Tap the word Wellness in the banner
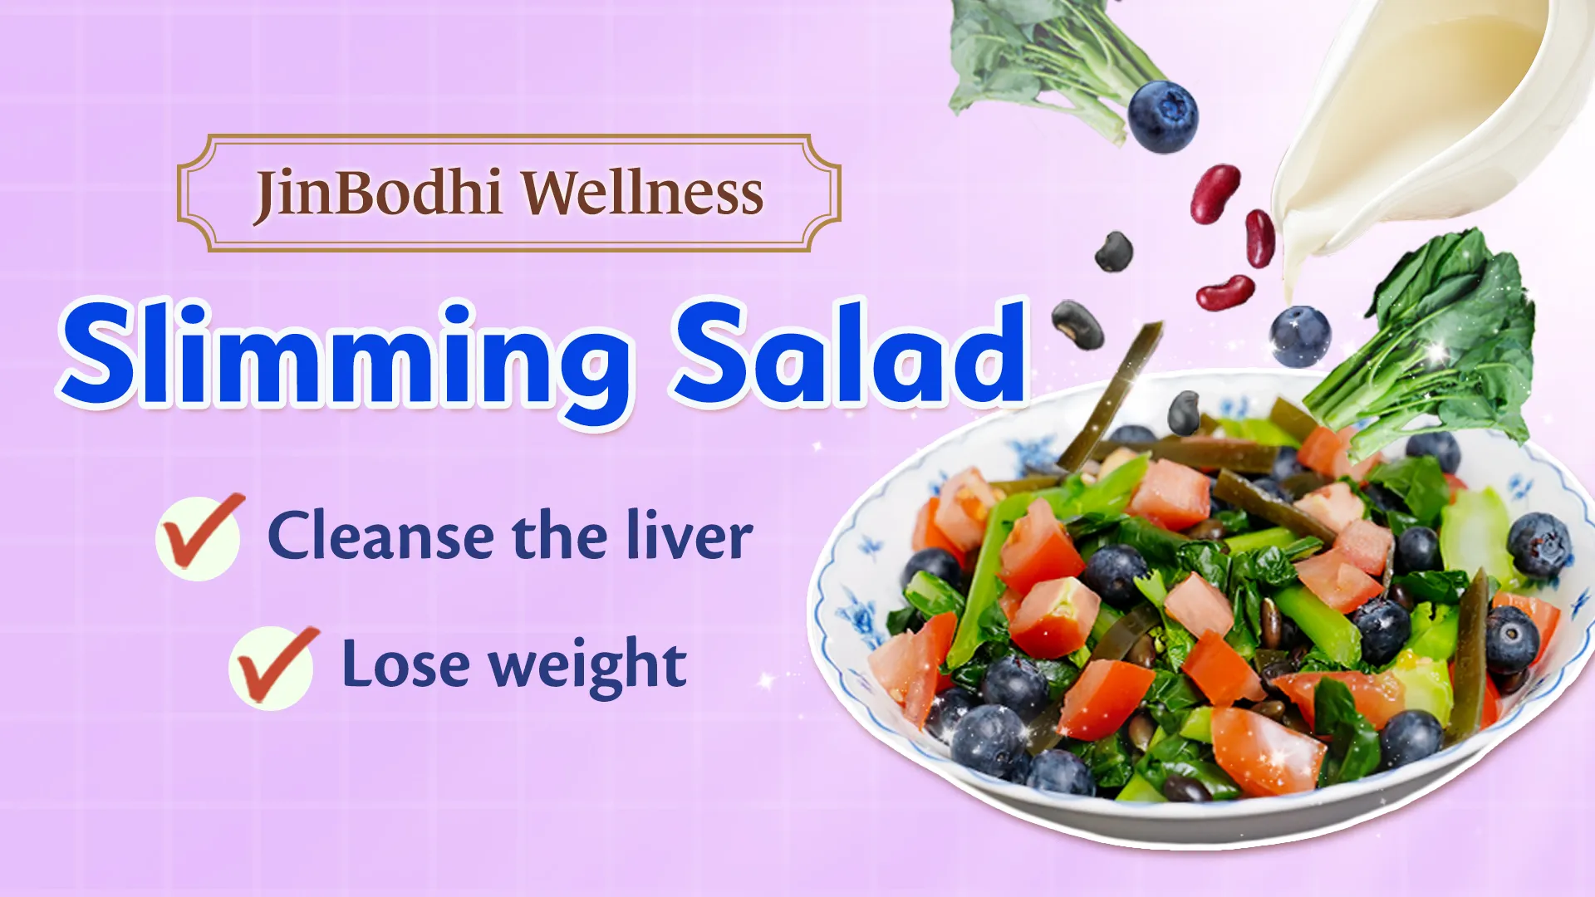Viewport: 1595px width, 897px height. [642, 193]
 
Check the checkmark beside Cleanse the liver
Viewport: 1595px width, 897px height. [199, 536]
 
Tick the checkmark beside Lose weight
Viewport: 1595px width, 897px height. [272, 666]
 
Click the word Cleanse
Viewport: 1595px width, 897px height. [380, 537]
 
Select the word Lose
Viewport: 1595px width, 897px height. [405, 664]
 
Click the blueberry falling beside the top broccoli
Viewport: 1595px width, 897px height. [1163, 116]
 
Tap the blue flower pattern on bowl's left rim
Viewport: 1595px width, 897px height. [856, 615]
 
